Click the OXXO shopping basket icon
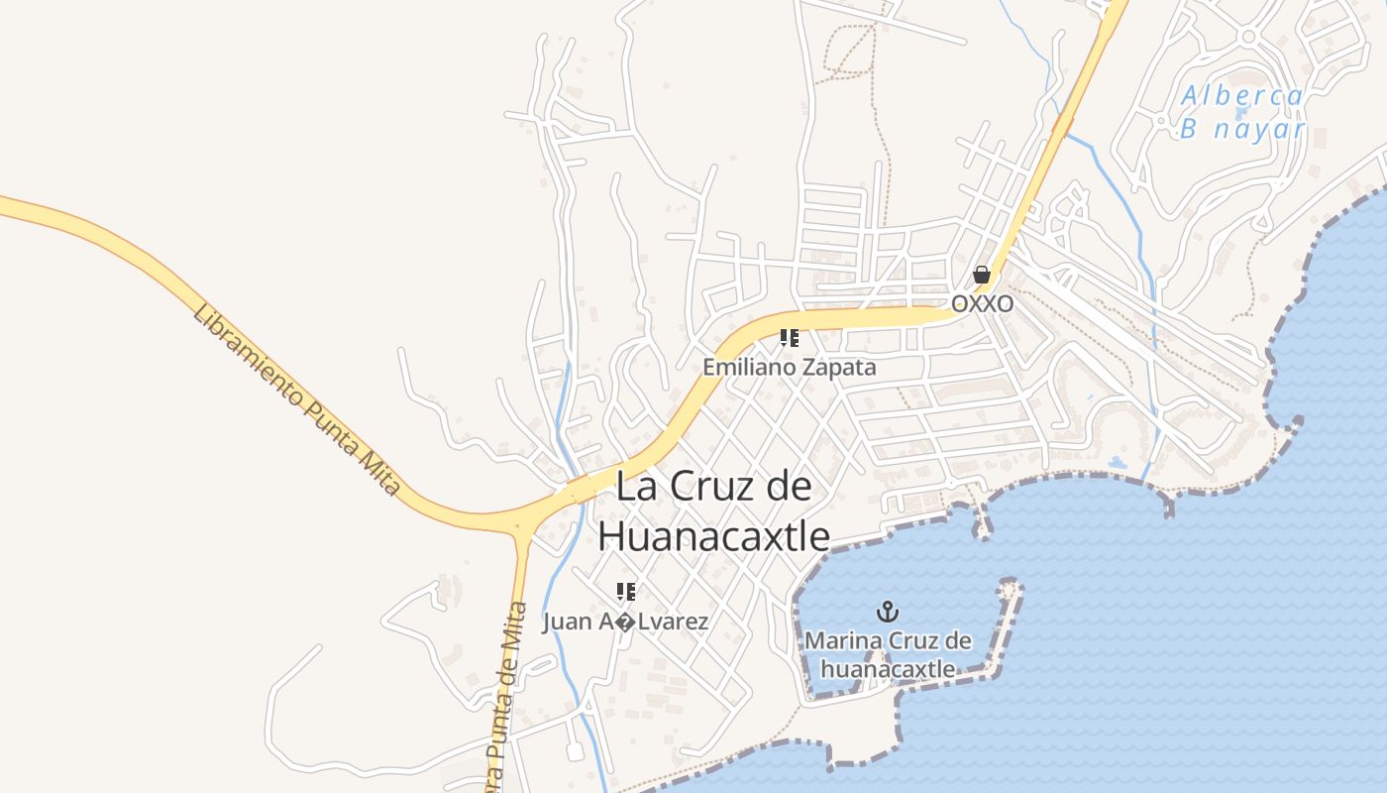982,275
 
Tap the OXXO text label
982,303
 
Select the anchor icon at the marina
888,612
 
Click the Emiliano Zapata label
789,367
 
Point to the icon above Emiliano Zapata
789,338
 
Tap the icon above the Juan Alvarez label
625,592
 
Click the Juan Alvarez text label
625,623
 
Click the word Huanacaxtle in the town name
713,536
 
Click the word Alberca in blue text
1241,96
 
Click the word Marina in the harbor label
841,640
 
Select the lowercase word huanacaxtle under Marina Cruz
888,669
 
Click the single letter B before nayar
1190,129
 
